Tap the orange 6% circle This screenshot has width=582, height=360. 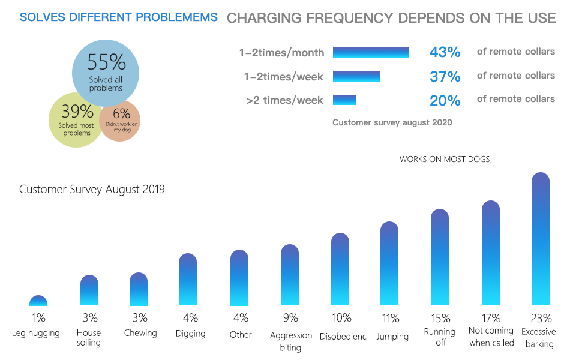pyautogui.click(x=120, y=120)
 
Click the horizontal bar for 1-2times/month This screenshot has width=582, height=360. pyautogui.click(x=371, y=53)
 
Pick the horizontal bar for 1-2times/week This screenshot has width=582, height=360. pyautogui.click(x=356, y=76)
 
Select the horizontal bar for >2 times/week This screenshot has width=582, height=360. pyautogui.click(x=344, y=100)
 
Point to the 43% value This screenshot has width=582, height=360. pyautogui.click(x=445, y=53)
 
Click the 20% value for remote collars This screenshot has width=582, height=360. pyautogui.click(x=445, y=100)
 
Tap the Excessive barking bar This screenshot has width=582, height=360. pyautogui.click(x=541, y=240)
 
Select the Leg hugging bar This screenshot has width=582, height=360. pyautogui.click(x=38, y=301)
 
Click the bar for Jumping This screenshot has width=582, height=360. pyautogui.click(x=389, y=264)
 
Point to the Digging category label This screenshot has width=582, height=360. pyautogui.click(x=191, y=334)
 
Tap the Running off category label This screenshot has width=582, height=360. pyautogui.click(x=440, y=337)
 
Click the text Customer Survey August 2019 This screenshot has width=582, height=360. pyautogui.click(x=92, y=190)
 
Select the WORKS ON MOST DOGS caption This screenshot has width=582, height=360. pyautogui.click(x=445, y=160)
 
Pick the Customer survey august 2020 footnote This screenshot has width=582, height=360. pyautogui.click(x=392, y=122)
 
